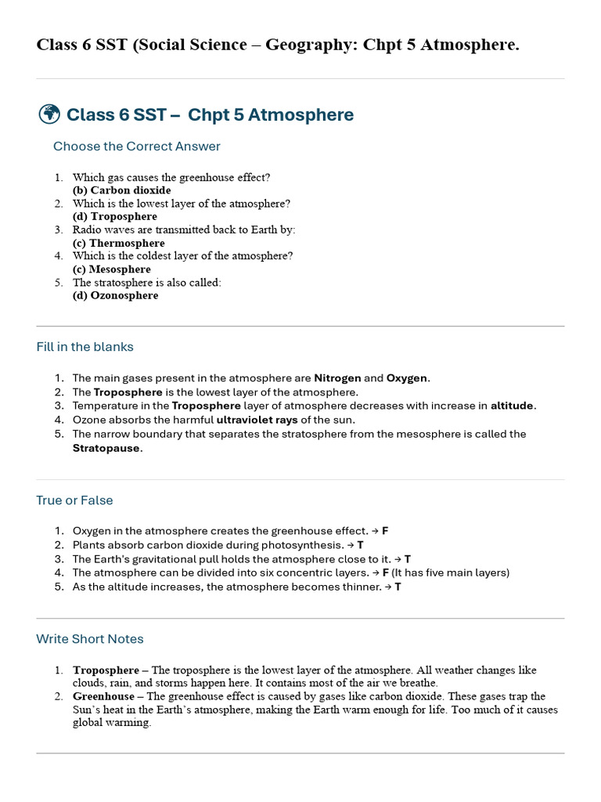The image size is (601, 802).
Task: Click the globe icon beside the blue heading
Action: (49, 114)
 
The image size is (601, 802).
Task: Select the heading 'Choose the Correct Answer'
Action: (136, 146)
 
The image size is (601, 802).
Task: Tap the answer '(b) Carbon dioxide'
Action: (121, 190)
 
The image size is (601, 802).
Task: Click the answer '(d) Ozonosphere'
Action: (115, 296)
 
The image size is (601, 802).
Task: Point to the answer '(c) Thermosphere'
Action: (118, 243)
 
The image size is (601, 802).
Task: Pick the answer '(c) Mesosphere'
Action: (111, 269)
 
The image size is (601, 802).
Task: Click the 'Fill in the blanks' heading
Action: (85, 347)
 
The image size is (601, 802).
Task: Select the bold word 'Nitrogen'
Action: (337, 378)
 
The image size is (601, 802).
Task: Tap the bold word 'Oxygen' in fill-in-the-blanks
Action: (406, 378)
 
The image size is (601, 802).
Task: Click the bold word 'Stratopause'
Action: (106, 449)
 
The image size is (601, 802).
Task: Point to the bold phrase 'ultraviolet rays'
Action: (257, 420)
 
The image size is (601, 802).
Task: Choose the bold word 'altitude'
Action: (512, 406)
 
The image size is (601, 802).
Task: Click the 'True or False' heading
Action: (74, 500)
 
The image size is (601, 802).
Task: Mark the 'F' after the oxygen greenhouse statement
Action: (385, 531)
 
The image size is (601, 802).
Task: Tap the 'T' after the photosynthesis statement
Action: (360, 545)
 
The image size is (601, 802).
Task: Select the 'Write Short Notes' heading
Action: (90, 639)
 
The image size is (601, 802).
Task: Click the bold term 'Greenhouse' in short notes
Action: (103, 696)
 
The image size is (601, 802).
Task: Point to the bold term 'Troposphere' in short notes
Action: (106, 670)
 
